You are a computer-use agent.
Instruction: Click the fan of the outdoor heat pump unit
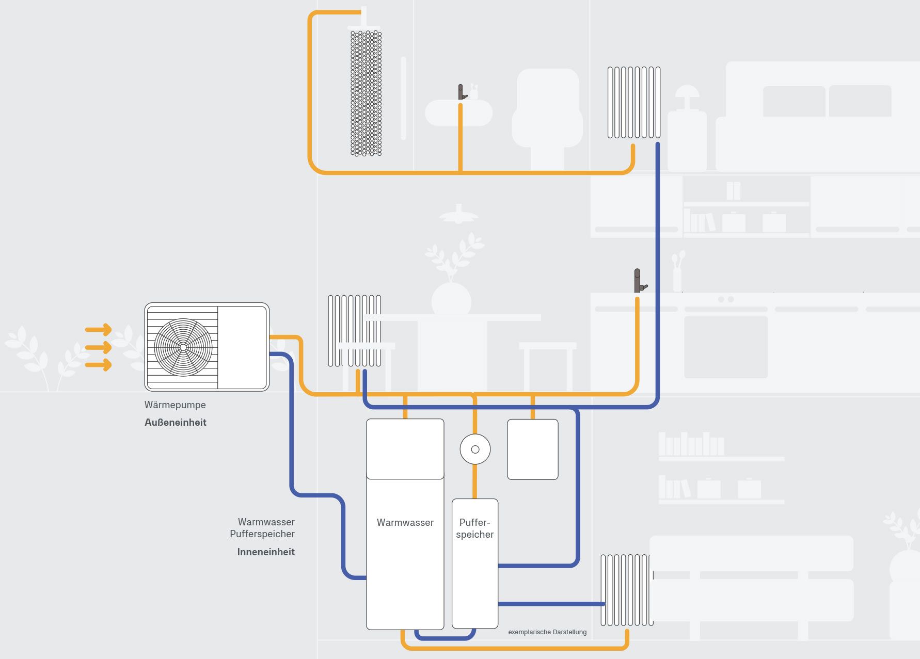(x=183, y=347)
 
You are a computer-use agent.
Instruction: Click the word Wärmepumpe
(x=175, y=405)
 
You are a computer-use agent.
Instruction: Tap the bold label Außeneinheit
(x=176, y=423)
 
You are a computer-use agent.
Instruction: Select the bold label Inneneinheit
(x=266, y=552)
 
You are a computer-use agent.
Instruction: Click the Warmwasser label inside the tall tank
(x=405, y=523)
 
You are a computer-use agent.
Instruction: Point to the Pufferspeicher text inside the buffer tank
(x=475, y=528)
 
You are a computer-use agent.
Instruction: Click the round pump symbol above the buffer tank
(x=475, y=449)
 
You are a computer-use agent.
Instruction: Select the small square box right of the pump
(x=533, y=449)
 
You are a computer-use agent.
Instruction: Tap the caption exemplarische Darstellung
(x=547, y=632)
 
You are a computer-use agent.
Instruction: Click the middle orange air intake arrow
(x=99, y=347)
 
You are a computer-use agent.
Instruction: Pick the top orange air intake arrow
(x=99, y=329)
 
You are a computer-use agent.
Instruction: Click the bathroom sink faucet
(x=462, y=93)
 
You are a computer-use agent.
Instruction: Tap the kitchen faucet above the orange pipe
(x=639, y=281)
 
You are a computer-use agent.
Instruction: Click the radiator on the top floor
(x=634, y=102)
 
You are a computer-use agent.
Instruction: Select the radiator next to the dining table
(x=354, y=331)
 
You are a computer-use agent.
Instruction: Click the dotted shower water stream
(x=366, y=93)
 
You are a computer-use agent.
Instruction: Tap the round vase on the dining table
(x=451, y=300)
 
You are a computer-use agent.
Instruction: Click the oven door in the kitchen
(x=725, y=347)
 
